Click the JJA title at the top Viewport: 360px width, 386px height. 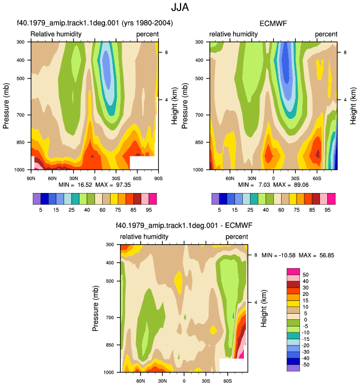[x=180, y=7]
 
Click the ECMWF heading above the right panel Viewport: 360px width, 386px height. [x=273, y=23]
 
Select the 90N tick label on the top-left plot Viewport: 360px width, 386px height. [x=31, y=178]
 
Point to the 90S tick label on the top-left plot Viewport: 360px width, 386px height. [x=158, y=178]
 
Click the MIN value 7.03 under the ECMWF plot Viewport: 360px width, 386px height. [x=264, y=185]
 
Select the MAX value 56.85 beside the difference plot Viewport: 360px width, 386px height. [x=327, y=255]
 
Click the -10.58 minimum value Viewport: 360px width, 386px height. [x=287, y=255]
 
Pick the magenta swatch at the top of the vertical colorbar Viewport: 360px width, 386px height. [x=293, y=271]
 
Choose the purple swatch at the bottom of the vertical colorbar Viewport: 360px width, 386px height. [x=293, y=368]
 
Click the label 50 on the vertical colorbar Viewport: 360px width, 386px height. [x=306, y=275]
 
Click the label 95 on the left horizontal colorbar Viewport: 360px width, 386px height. [x=149, y=210]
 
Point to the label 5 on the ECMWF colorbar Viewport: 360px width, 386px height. [x=219, y=210]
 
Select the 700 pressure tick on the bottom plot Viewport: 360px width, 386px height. [x=110, y=318]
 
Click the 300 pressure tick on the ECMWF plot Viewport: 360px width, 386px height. [x=199, y=42]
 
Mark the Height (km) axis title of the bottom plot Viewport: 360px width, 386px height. [x=263, y=308]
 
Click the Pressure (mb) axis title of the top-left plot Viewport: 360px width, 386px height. [x=6, y=106]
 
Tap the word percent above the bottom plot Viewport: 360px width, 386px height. [x=237, y=237]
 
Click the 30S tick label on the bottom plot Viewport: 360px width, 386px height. [x=206, y=381]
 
